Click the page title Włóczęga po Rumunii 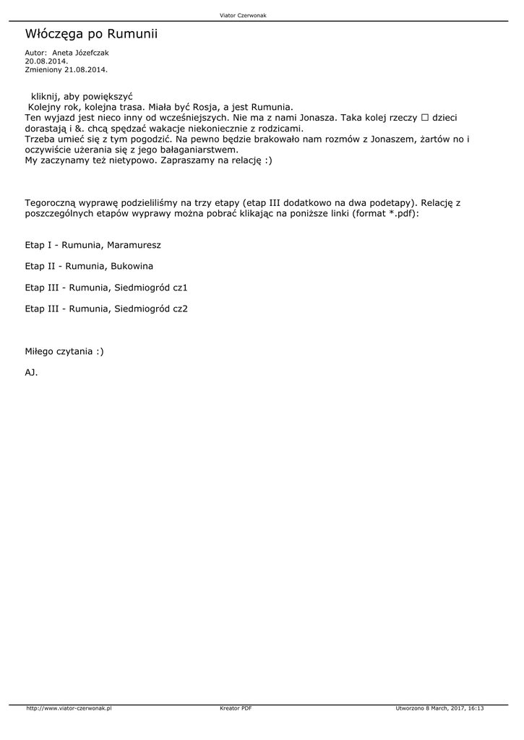click(91, 35)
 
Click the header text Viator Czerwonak click(243, 15)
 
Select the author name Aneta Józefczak click(81, 53)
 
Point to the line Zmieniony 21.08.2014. click(66, 69)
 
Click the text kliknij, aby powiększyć click(82, 96)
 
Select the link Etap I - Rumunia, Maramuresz click(93, 245)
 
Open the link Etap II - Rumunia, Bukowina click(89, 266)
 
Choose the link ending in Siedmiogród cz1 click(106, 288)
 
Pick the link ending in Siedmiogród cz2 click(106, 309)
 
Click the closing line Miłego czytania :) click(64, 351)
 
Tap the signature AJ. click(31, 373)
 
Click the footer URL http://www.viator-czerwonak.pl click(69, 708)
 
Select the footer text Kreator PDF click(236, 708)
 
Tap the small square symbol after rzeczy click(425, 117)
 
